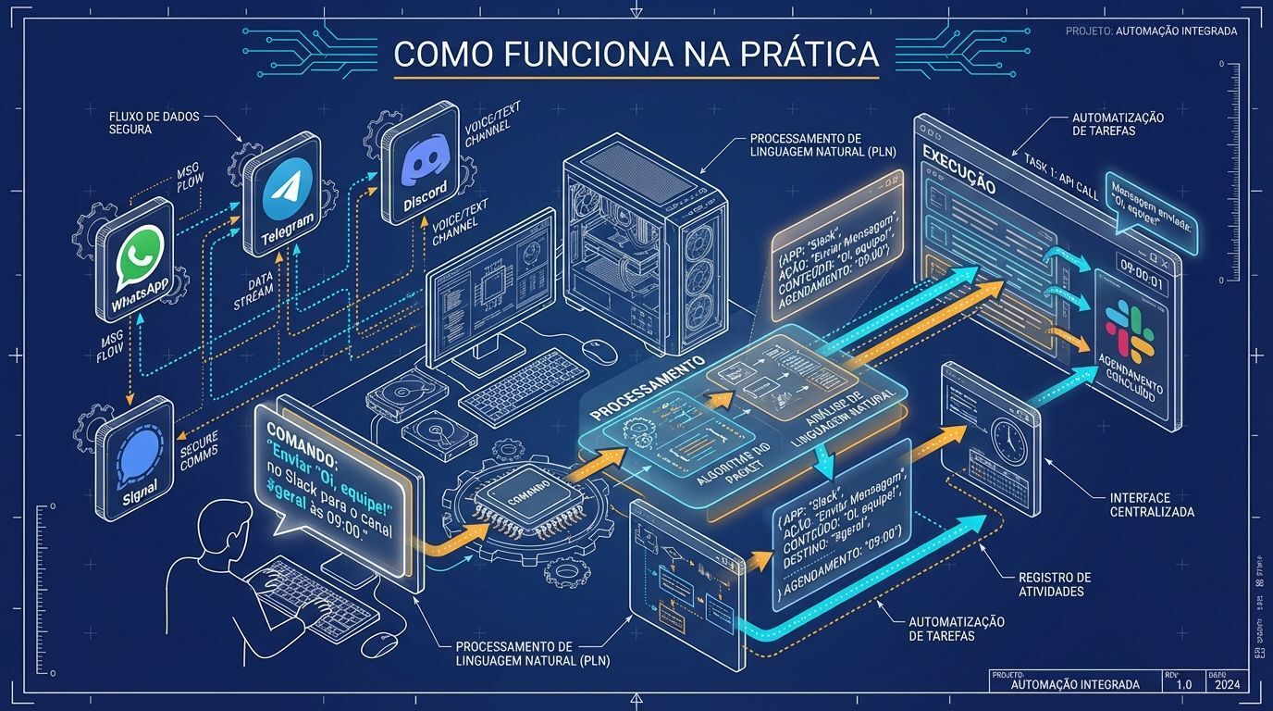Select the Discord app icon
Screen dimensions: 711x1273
tap(426, 161)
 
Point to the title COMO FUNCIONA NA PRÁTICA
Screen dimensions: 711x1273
tap(636, 54)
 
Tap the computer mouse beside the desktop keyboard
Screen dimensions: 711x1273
tap(599, 350)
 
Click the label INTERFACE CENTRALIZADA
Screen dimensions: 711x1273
tap(1151, 505)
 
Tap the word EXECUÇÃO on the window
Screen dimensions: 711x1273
tap(959, 169)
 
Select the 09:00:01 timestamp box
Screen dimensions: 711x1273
tap(1142, 281)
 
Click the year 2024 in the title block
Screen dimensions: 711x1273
tap(1227, 684)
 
